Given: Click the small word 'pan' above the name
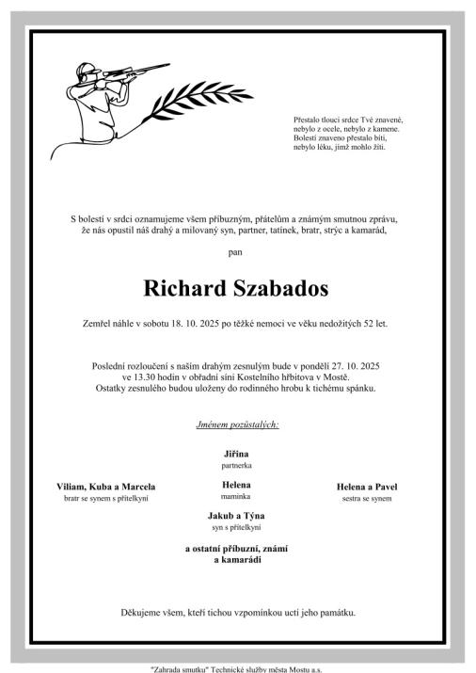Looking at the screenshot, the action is point(237,251).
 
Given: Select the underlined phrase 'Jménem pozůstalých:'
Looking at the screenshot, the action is point(237,425).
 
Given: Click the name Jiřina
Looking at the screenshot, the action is point(237,454).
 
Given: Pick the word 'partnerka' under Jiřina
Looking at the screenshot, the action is point(237,465).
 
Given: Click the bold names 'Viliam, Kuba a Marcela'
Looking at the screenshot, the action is point(106,487).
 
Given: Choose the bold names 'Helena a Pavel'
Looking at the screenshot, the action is point(368,487).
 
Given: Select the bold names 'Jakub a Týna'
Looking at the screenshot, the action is point(237,516).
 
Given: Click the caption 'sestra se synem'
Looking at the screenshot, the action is point(368,498).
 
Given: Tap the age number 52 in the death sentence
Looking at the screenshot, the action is point(361,324).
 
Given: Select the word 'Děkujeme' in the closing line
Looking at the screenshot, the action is point(139,613).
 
